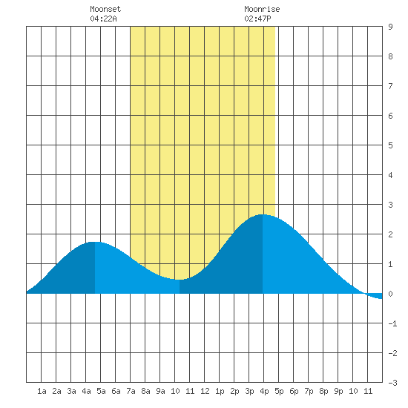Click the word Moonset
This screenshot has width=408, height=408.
pos(105,9)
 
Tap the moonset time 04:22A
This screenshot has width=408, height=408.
pos(103,19)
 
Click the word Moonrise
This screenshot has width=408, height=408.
pos(262,9)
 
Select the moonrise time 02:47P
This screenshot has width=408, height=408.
pos(257,19)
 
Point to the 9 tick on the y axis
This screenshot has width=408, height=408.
pos(390,27)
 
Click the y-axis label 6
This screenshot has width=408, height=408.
pos(390,116)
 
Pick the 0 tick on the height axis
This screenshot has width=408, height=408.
pos(390,294)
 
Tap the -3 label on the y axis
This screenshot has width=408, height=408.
pos(392,383)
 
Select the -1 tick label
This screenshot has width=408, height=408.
pos(392,323)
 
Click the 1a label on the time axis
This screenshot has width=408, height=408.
pos(42,391)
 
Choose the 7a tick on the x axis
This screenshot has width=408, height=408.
pos(131,391)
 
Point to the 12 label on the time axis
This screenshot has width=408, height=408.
pos(205,391)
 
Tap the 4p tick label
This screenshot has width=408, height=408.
pos(264,391)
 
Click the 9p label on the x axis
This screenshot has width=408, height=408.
pos(338,391)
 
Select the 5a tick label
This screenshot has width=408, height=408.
pos(101,391)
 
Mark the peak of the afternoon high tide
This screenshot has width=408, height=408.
pos(263,214)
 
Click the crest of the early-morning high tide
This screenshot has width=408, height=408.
pos(95,242)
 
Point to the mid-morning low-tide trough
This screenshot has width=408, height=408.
pos(180,280)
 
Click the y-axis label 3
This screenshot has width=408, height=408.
pos(390,205)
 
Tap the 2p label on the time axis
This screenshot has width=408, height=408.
pos(234,391)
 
